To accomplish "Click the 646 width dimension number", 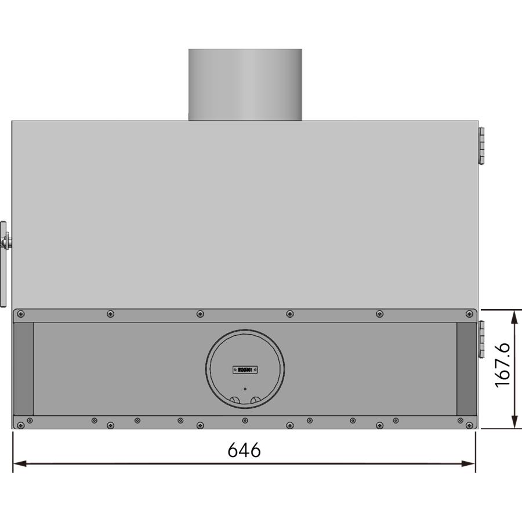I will (244, 449).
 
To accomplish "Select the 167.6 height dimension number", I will (502, 364).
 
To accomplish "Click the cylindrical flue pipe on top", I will (245, 84).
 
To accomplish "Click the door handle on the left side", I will (3, 264).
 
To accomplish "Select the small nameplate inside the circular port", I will (245, 369).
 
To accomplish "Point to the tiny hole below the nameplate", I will (245, 389).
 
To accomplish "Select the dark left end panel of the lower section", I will (23, 369).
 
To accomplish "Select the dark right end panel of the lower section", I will (466, 369).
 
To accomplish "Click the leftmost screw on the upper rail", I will (21, 314).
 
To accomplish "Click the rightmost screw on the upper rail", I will (469, 314).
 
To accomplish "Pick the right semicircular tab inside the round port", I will (255, 400).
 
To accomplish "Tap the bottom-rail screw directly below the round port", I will (245, 420).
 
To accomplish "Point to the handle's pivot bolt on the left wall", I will (7, 242).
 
